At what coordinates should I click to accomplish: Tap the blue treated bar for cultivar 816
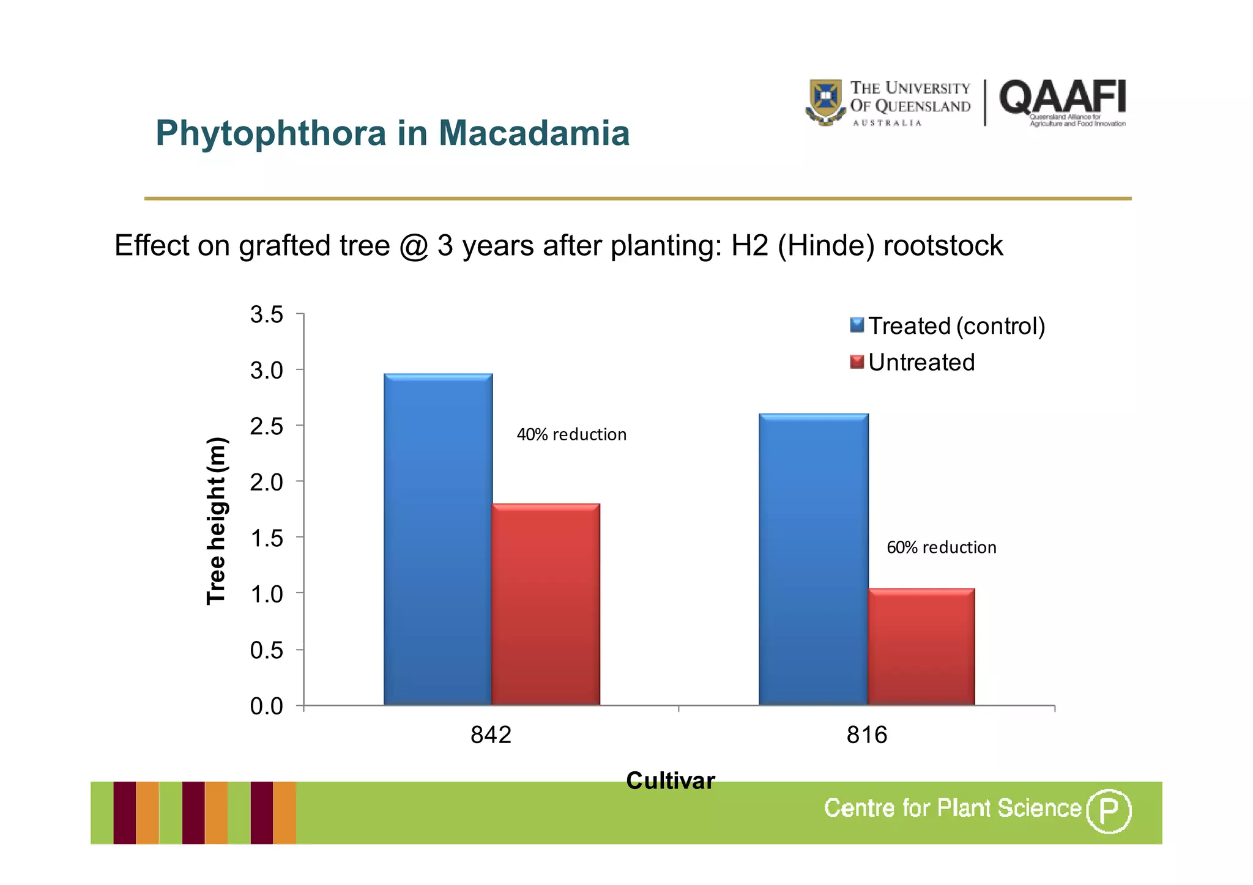813,560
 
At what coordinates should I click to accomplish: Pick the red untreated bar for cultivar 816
921,646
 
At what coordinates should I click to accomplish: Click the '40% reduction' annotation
571,434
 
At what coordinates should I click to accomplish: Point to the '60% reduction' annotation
941,547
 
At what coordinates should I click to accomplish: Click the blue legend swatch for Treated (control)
857,325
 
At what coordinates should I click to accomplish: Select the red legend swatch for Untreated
857,362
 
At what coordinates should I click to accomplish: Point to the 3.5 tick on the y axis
267,314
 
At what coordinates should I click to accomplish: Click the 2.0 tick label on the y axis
267,482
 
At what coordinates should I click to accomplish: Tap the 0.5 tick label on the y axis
267,650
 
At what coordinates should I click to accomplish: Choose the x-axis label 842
491,735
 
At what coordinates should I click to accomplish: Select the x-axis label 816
866,735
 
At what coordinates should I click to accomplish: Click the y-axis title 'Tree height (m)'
217,521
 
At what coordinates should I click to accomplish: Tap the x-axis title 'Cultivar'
671,780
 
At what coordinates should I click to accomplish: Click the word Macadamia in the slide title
534,133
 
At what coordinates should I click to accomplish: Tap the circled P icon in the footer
1108,811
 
